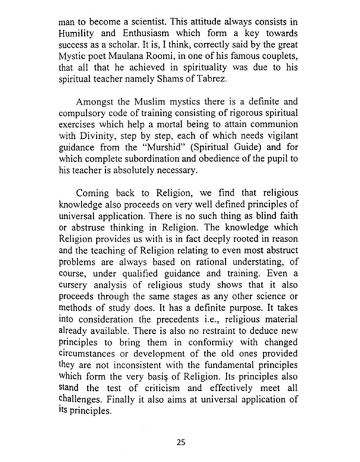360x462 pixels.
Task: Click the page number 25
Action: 181,442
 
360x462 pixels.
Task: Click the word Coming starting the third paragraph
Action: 92,193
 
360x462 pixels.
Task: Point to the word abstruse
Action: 86,228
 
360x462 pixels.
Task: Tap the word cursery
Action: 73,285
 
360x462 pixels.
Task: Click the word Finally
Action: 119,399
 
